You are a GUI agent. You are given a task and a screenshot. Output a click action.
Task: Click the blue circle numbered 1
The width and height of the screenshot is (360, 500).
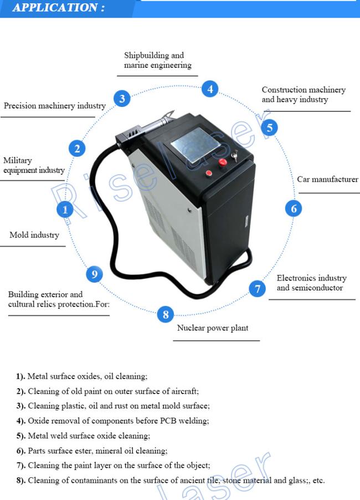[65, 209]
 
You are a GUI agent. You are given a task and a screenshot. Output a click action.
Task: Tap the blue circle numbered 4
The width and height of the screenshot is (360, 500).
[209, 89]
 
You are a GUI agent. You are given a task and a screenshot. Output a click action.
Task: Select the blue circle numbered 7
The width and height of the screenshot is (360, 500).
[257, 288]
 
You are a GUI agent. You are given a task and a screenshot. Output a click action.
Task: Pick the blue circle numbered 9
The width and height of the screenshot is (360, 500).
[94, 274]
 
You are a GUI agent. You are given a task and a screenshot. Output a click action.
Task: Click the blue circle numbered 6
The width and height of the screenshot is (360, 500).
[294, 208]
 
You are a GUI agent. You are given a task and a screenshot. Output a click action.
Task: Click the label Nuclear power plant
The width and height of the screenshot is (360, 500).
[212, 328]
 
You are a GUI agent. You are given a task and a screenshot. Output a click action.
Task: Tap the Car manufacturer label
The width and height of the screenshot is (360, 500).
[327, 180]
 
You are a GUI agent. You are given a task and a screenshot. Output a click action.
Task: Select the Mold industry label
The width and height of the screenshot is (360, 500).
[34, 235]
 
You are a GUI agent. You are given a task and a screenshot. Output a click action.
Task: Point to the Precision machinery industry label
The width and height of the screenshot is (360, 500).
[55, 106]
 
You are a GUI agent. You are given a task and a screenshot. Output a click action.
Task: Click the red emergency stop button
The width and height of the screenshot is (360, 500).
[223, 162]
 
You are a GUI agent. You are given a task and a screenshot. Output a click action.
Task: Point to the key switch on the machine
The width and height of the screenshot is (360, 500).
[236, 156]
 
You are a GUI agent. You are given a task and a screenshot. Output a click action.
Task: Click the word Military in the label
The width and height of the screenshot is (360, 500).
[18, 160]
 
